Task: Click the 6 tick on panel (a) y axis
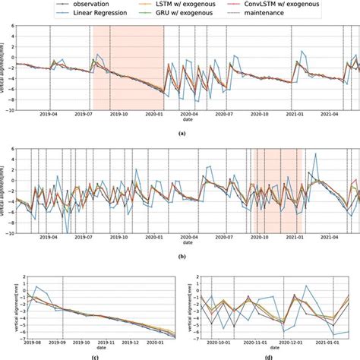pos(10,26)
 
